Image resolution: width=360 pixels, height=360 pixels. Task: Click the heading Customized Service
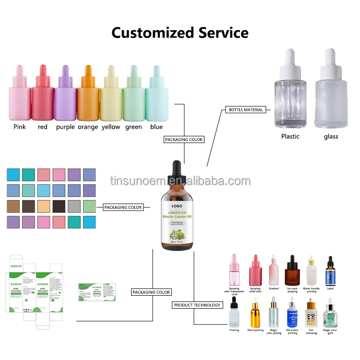tap(180, 33)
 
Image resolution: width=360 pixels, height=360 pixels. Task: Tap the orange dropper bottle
tap(88, 98)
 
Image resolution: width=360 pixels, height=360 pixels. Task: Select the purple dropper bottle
tap(65, 98)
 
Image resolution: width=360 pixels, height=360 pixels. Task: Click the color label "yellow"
tap(111, 127)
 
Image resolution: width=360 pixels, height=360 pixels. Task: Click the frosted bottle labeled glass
tap(330, 101)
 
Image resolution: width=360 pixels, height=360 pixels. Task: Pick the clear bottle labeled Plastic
tap(289, 101)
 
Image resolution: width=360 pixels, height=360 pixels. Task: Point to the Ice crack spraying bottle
tap(292, 271)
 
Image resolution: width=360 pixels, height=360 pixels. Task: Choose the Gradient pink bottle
tap(274, 271)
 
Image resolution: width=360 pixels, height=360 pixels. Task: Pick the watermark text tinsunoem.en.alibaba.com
tap(180, 181)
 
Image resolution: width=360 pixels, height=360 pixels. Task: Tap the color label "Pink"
tap(20, 127)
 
